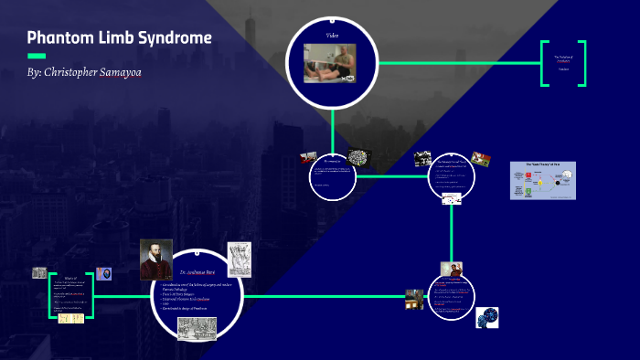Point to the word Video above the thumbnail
pos(333,35)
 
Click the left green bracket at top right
pos(545,64)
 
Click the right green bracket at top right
pos(581,64)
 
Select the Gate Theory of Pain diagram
pos(543,179)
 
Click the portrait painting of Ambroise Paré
pos(155,259)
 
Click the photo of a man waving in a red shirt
pos(451,270)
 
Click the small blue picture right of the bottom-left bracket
pos(105,274)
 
